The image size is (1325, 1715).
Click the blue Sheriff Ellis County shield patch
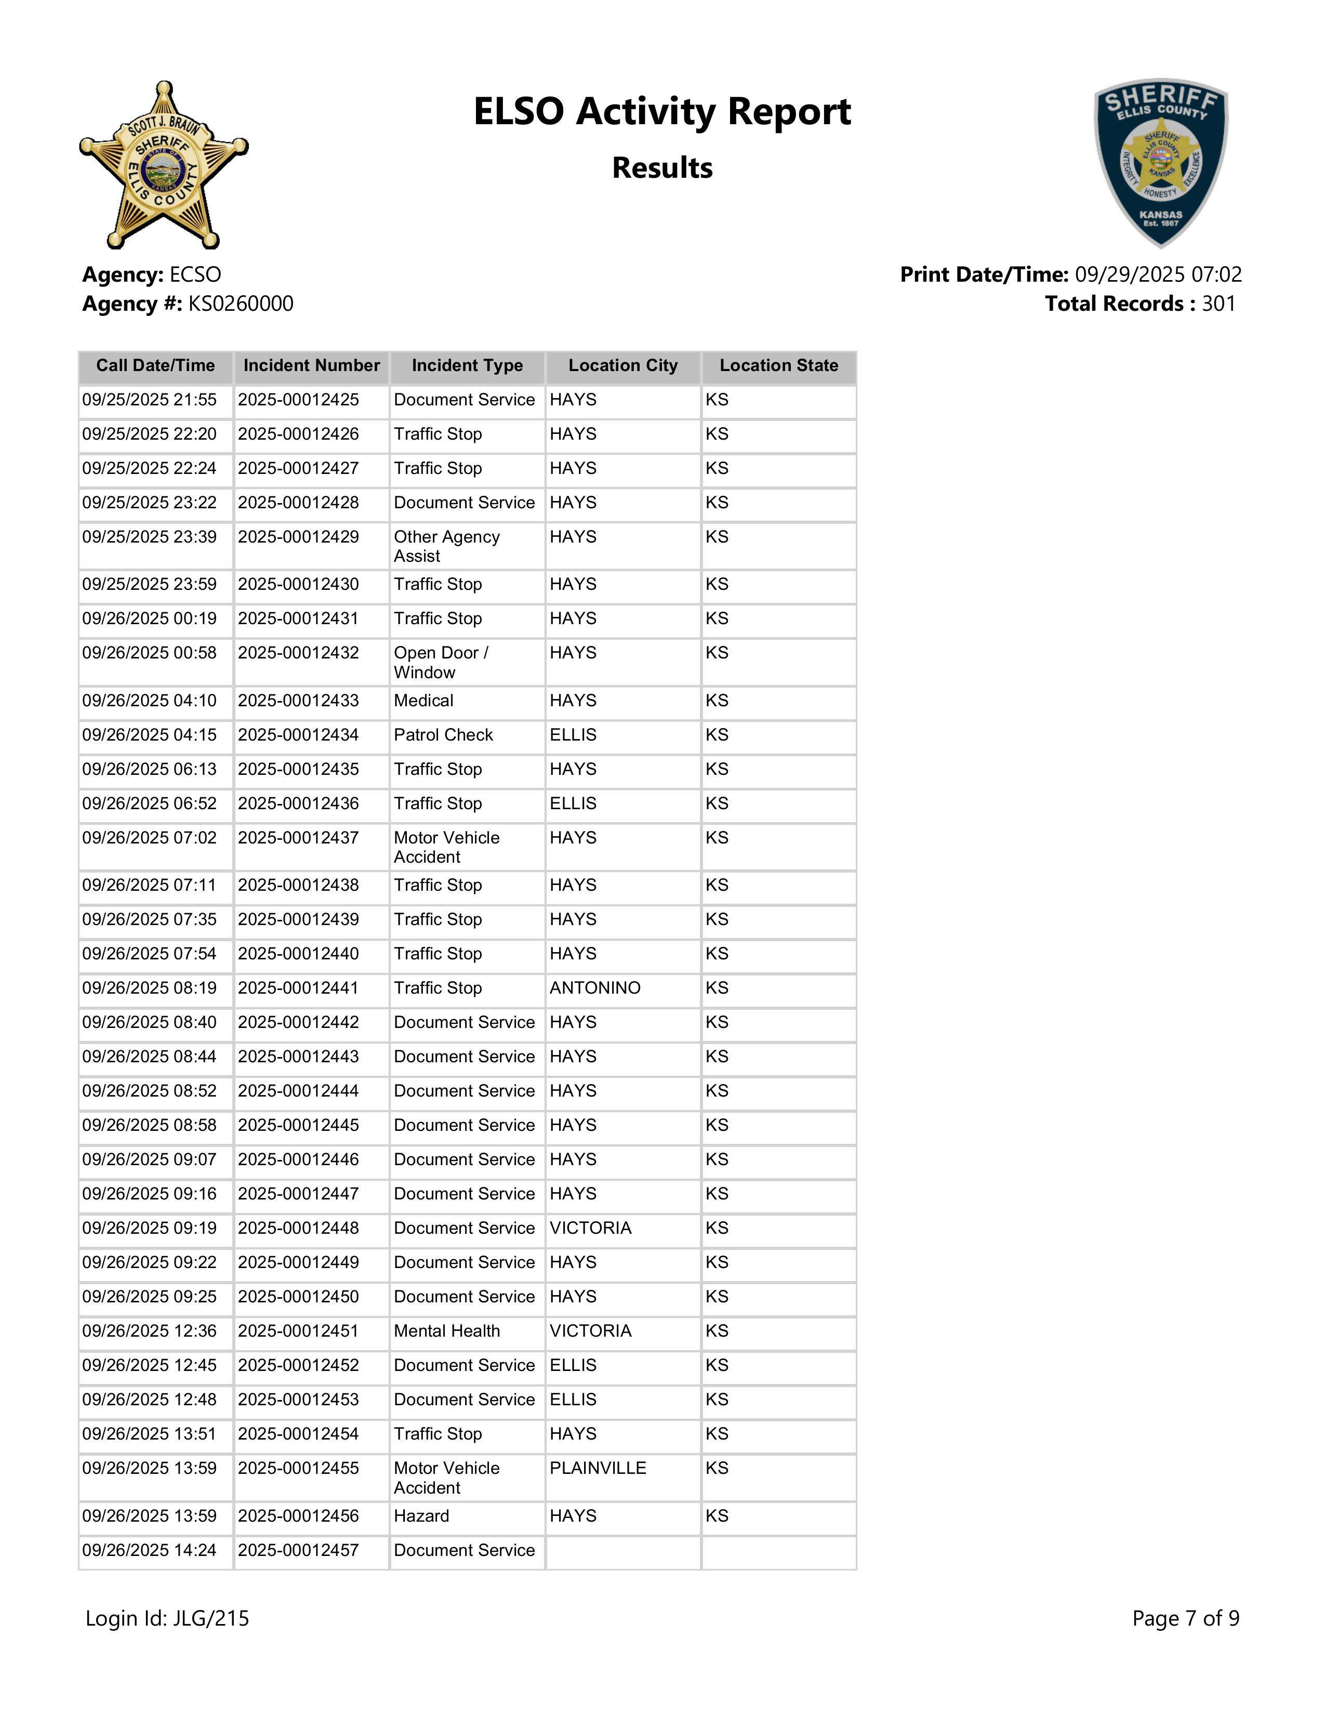pyautogui.click(x=1161, y=163)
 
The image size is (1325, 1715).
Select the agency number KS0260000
pyautogui.click(x=240, y=304)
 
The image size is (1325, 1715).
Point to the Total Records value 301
pyautogui.click(x=1218, y=304)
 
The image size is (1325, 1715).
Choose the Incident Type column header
pyautogui.click(x=467, y=366)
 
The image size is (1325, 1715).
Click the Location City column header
pyautogui.click(x=622, y=366)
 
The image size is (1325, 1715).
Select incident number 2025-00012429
pyautogui.click(x=298, y=537)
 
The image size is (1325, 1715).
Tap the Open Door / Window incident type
pyautogui.click(x=441, y=663)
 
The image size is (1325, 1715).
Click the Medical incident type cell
pyautogui.click(x=424, y=701)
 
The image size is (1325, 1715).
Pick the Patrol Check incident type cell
pyautogui.click(x=444, y=735)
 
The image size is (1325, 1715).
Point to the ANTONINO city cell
pyautogui.click(x=595, y=988)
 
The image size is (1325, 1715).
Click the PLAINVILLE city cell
pyautogui.click(x=598, y=1469)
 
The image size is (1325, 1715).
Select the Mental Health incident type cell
pyautogui.click(x=447, y=1331)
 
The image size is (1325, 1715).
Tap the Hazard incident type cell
pyautogui.click(x=421, y=1516)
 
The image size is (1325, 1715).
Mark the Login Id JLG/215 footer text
pyautogui.click(x=167, y=1618)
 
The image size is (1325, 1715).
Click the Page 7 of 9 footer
pyautogui.click(x=1185, y=1618)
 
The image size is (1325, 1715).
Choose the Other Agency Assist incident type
pyautogui.click(x=447, y=547)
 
